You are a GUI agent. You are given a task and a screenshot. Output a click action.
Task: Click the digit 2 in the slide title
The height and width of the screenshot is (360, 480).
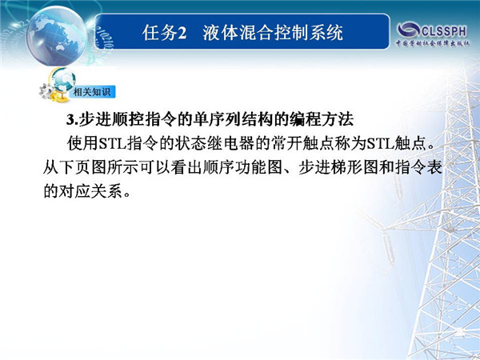click(x=182, y=33)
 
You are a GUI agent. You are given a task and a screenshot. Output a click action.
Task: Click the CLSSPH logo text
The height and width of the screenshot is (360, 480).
click(x=444, y=31)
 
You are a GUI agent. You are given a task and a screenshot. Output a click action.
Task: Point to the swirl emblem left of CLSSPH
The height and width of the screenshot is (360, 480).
click(x=408, y=30)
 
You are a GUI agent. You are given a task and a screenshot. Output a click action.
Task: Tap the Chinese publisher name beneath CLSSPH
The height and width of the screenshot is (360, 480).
click(x=433, y=43)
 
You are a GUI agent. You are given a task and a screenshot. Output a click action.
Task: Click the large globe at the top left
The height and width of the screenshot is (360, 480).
click(x=57, y=35)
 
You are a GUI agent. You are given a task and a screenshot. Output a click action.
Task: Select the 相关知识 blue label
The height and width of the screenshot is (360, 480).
click(x=92, y=92)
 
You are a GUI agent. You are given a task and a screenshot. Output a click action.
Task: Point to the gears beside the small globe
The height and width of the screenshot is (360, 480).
click(x=46, y=91)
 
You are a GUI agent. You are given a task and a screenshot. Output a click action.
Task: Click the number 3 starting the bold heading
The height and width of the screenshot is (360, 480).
click(x=70, y=120)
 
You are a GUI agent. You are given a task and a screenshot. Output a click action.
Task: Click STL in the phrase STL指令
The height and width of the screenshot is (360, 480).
click(x=112, y=143)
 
